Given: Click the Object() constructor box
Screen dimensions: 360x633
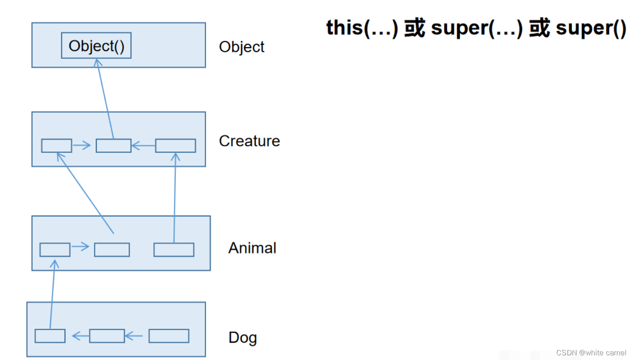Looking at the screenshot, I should [x=96, y=46].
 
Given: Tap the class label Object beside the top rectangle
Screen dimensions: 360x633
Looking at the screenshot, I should [x=242, y=47].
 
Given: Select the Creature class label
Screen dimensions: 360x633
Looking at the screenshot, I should [x=249, y=141].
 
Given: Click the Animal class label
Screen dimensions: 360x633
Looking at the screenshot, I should [x=252, y=248].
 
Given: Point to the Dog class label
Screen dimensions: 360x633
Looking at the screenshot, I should [x=243, y=338].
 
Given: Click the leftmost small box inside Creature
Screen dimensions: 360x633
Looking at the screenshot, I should [x=57, y=146].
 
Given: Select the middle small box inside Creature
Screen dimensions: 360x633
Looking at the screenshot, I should [x=114, y=146].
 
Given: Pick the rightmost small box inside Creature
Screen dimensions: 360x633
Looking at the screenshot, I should [x=175, y=146].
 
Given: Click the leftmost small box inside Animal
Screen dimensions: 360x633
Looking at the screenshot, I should [x=55, y=250].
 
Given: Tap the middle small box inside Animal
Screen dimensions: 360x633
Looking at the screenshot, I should [x=112, y=250].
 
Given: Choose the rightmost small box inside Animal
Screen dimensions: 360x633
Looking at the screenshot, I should [x=174, y=250].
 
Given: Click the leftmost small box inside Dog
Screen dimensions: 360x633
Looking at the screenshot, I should [x=50, y=336].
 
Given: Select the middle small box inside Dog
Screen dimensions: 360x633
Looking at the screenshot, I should [x=107, y=336].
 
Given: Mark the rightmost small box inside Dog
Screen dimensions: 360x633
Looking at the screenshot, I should [x=169, y=336].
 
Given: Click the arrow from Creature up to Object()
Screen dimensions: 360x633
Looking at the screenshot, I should [x=105, y=99].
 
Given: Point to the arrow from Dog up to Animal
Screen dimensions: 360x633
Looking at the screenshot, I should [x=52, y=295].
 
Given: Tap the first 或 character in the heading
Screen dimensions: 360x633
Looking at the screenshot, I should [x=414, y=28].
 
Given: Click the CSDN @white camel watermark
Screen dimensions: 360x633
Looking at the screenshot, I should [x=591, y=353].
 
